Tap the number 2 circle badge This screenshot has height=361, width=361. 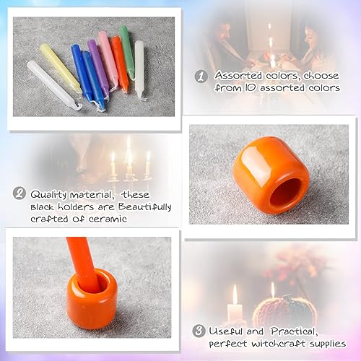click(21, 193)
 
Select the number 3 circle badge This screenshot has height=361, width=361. click(199, 331)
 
